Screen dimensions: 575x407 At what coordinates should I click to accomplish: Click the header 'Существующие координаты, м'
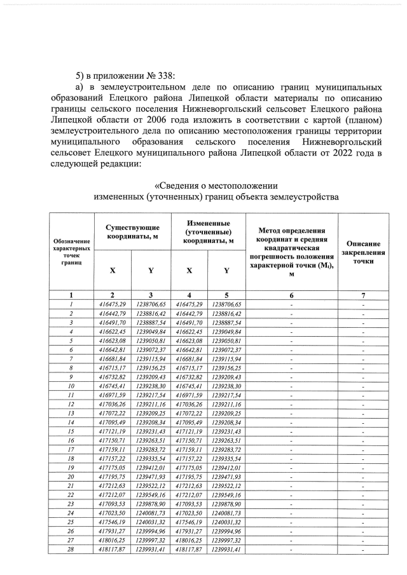click(x=132, y=232)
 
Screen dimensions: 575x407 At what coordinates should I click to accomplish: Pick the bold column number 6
click(x=291, y=295)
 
